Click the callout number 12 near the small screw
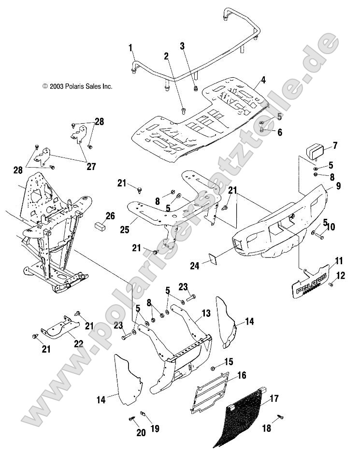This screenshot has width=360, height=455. (x=341, y=276)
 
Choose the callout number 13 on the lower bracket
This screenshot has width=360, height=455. (x=206, y=313)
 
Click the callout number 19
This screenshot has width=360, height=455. (x=156, y=428)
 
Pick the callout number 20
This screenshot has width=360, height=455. (x=141, y=433)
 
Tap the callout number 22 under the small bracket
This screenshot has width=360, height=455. (x=78, y=344)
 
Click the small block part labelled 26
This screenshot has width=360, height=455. (x=101, y=226)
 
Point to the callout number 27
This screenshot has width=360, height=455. (x=90, y=167)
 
